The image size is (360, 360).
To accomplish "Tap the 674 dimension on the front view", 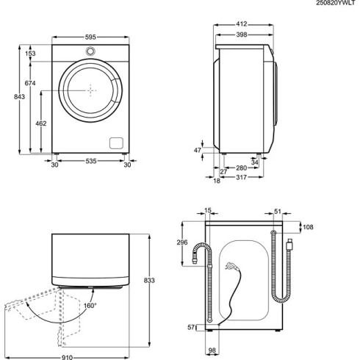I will point(29,84).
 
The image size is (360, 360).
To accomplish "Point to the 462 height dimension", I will point(42,123).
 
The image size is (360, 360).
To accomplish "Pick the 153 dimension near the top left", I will point(30,53).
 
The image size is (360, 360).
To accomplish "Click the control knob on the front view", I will point(90,51).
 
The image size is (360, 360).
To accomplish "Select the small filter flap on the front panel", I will point(115,142).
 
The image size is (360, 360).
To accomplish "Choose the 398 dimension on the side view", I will point(242,34).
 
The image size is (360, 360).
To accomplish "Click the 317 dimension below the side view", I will point(241,181).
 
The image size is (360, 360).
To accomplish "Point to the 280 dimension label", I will point(241,168).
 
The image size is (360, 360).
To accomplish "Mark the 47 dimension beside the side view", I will point(197,150).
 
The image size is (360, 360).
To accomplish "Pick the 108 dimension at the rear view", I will point(309,228).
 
